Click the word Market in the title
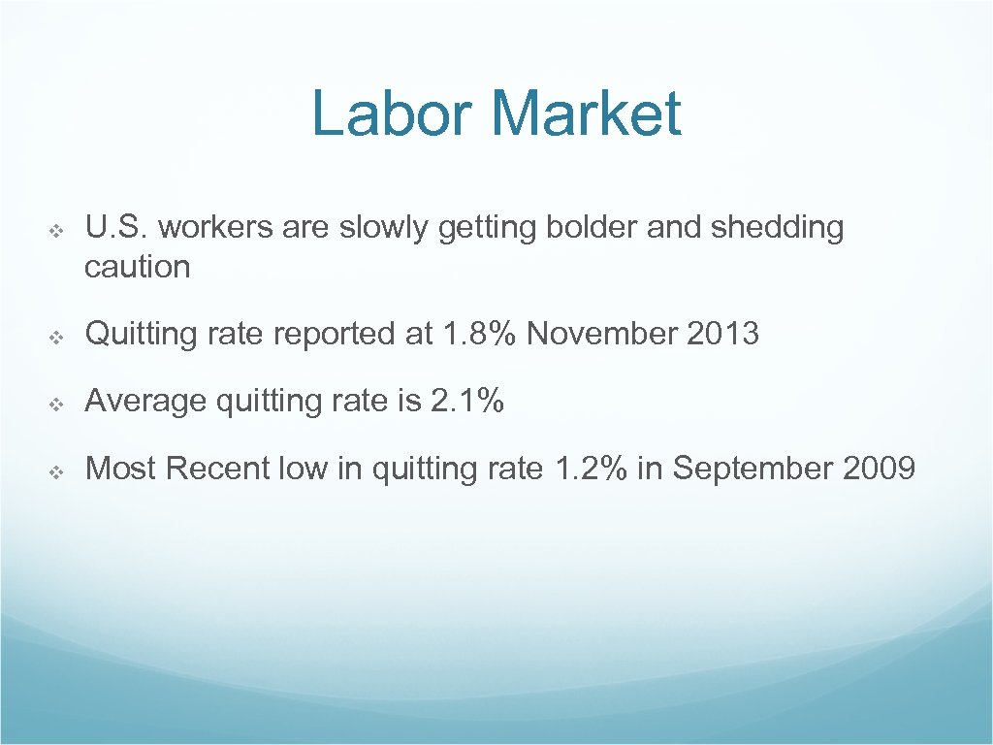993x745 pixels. click(x=586, y=113)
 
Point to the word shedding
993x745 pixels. click(x=777, y=229)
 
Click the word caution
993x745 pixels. click(x=137, y=267)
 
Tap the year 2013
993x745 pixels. click(x=722, y=334)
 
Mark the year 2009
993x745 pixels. click(x=879, y=469)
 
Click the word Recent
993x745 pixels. click(x=218, y=469)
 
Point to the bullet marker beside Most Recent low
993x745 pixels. click(x=56, y=470)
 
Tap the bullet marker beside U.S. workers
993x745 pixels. click(x=56, y=230)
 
